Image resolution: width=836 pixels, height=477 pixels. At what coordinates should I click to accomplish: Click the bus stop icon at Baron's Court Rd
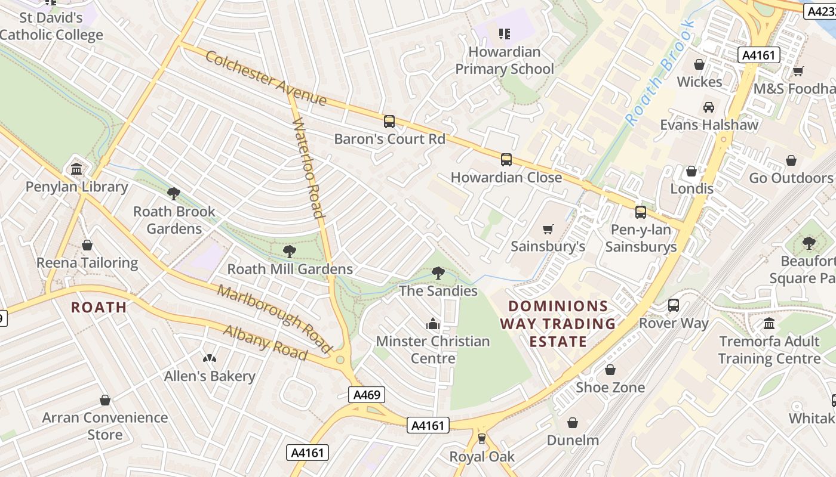389,122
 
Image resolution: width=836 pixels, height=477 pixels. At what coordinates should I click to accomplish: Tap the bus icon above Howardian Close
506,160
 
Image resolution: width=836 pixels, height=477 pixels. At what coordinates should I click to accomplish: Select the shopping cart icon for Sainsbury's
548,229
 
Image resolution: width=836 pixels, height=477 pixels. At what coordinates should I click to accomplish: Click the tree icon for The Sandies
438,273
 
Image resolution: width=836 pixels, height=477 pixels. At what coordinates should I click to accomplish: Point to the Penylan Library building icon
76,169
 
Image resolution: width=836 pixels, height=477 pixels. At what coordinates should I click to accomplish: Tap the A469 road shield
367,395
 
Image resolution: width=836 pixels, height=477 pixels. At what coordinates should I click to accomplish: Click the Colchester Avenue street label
266,78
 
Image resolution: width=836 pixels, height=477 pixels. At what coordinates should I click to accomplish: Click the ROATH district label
99,307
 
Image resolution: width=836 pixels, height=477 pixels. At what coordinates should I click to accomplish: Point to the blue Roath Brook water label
660,73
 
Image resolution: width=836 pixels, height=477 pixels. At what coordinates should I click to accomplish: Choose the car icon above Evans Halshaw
709,107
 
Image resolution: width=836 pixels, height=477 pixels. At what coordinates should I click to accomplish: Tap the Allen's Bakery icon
209,359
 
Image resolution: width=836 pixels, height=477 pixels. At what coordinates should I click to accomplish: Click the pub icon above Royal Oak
482,439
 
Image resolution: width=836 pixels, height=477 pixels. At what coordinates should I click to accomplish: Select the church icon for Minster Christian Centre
433,324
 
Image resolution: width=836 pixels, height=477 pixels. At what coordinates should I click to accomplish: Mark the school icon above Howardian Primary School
505,34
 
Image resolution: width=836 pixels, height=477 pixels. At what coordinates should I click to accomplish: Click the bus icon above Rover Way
674,305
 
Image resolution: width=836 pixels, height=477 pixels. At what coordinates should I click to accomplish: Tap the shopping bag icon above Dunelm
573,423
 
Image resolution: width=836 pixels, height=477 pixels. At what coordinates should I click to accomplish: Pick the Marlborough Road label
275,318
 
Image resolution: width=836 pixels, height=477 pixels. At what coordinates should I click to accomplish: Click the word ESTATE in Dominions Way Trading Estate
558,342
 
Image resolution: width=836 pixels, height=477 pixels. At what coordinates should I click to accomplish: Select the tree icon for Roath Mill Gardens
290,252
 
